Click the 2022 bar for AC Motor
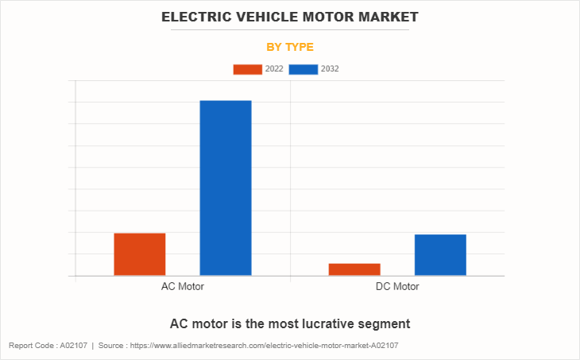point(140,254)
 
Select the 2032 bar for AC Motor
point(226,188)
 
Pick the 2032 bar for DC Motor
point(440,255)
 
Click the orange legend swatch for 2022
point(247,69)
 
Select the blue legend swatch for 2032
point(304,69)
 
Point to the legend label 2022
point(274,69)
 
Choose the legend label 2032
point(330,69)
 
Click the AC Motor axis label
point(183,287)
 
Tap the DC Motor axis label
point(397,287)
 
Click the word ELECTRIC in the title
point(197,17)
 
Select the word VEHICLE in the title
point(269,17)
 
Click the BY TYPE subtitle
point(290,47)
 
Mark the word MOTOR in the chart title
point(329,17)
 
